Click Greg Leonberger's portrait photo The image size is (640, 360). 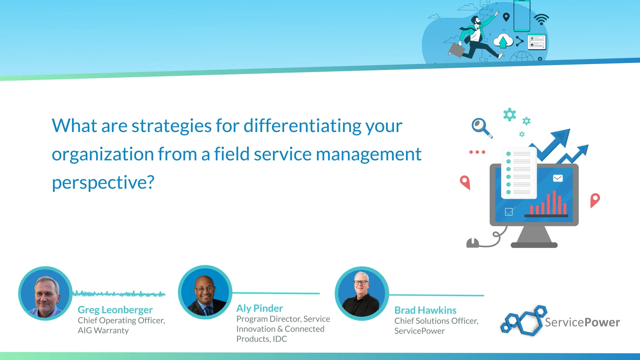(45, 293)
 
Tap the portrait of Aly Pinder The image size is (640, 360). (205, 292)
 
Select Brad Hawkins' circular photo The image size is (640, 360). (362, 293)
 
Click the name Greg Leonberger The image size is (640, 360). (115, 310)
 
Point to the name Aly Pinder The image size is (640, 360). (259, 308)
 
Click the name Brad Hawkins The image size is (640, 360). (425, 310)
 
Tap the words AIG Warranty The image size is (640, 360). (103, 330)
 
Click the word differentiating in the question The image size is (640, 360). (302, 126)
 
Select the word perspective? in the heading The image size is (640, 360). (103, 182)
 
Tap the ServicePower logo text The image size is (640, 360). (582, 322)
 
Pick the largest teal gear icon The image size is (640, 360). (509, 114)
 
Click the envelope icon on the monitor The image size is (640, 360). (558, 178)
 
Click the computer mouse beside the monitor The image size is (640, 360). (472, 243)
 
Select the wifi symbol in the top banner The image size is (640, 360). (541, 19)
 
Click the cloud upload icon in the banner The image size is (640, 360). (503, 41)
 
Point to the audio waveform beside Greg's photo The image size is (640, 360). (119, 294)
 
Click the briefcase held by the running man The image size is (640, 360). (457, 50)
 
